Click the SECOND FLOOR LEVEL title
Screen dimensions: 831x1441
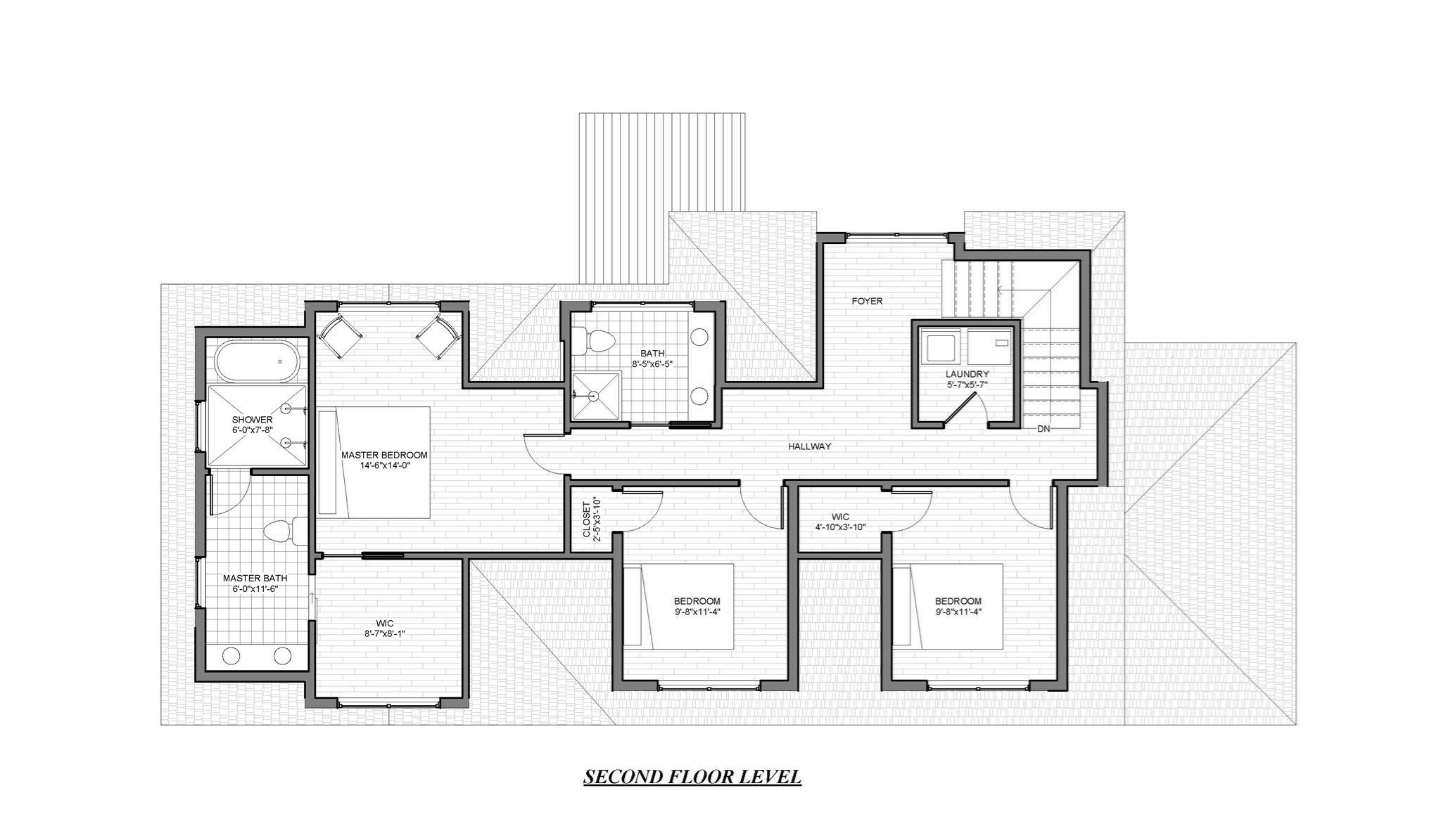[692, 777]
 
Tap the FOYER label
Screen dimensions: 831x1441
[867, 301]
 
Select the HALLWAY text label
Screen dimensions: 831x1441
[809, 446]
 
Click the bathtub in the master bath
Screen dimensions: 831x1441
[258, 361]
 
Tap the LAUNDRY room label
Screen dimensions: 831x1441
[967, 374]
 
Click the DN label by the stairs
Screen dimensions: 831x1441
[1043, 429]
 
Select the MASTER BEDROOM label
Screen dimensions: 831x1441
[384, 455]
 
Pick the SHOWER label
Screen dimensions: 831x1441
[252, 420]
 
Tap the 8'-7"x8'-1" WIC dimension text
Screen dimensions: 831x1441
[384, 633]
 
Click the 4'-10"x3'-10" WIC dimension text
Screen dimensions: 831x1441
[840, 527]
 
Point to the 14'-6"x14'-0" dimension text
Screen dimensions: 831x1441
[384, 465]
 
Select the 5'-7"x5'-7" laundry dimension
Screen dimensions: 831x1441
[967, 385]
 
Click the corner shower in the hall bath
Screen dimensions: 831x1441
[597, 396]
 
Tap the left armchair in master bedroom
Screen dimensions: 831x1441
[340, 336]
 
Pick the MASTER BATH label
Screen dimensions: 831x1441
[255, 578]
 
